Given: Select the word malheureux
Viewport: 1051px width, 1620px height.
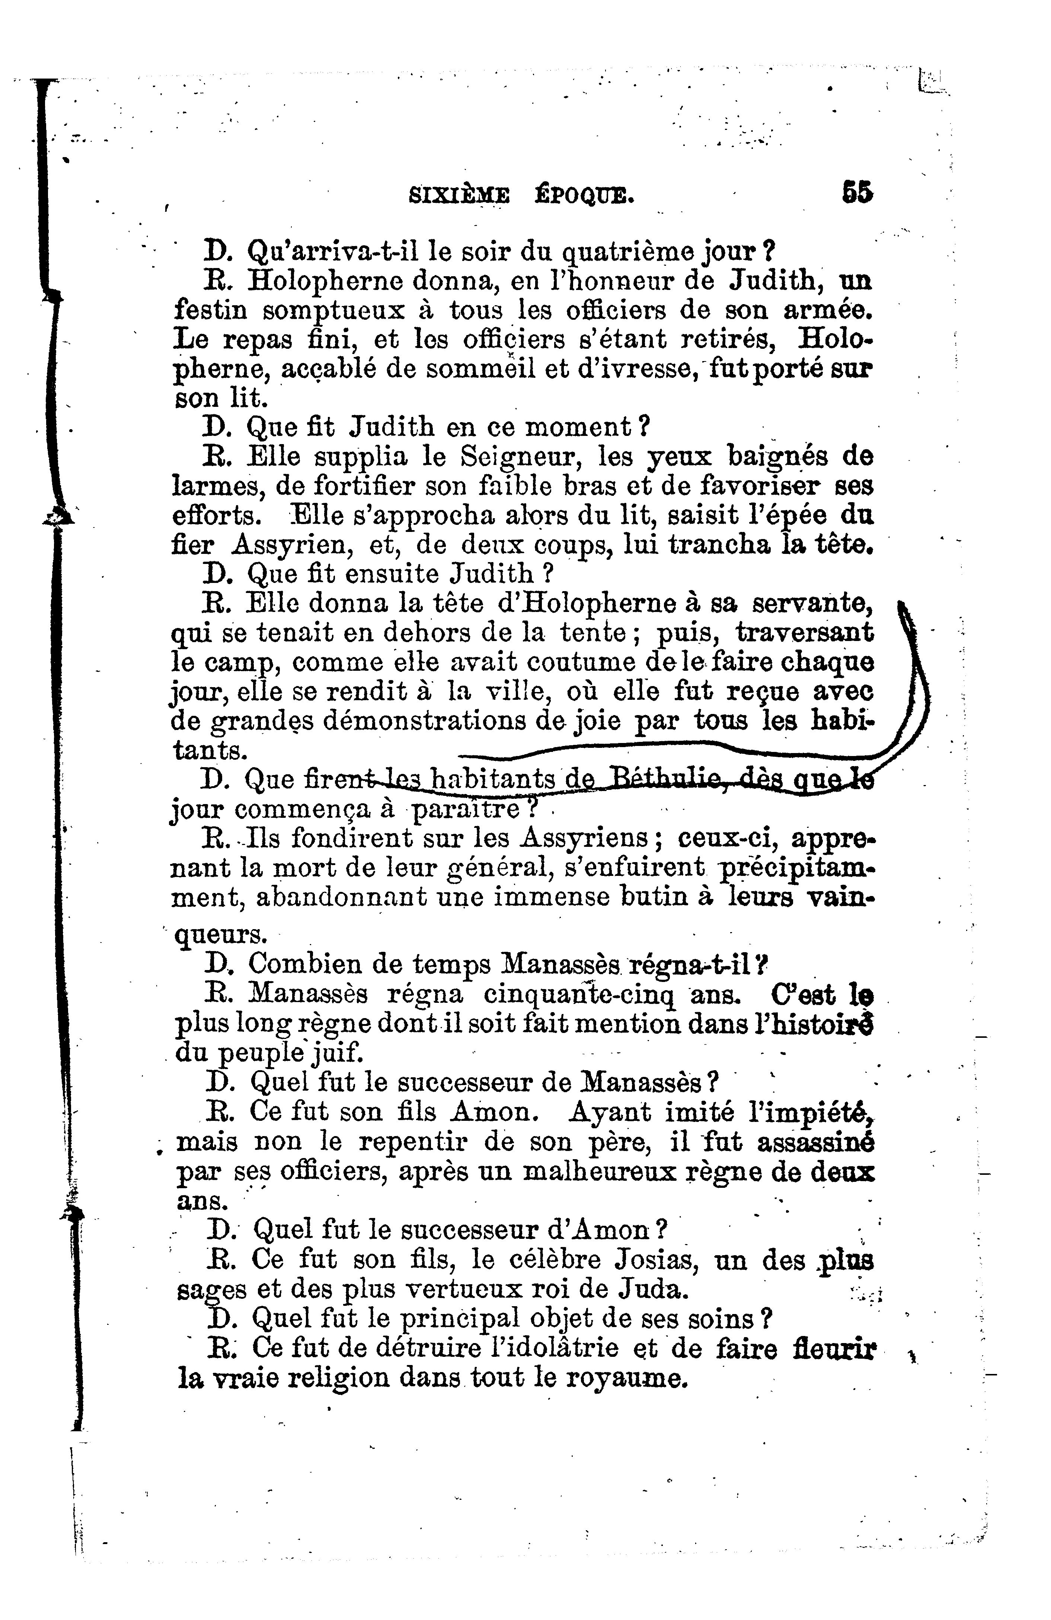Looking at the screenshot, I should coord(600,1171).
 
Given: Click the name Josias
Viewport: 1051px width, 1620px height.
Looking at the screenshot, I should coord(657,1259).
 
